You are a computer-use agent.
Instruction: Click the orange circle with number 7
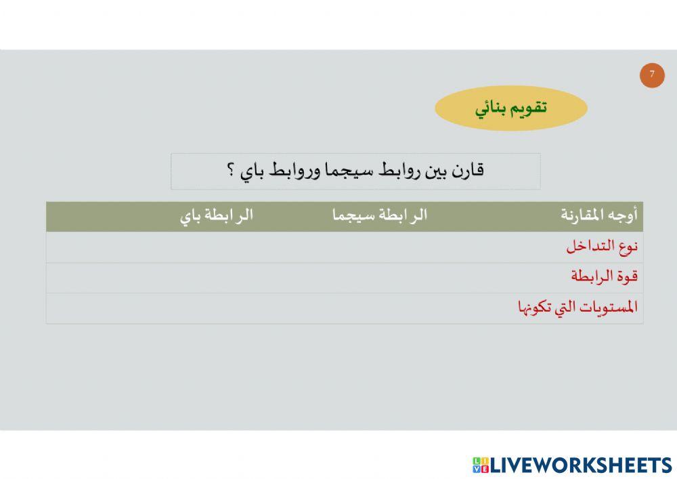[x=652, y=75]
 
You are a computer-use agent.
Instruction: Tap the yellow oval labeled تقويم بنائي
[x=510, y=108]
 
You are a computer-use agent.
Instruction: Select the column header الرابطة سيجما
[x=380, y=216]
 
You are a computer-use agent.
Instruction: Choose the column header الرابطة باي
[x=217, y=216]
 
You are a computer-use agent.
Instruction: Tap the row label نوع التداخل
[x=602, y=247]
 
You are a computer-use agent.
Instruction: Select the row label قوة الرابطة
[x=604, y=277]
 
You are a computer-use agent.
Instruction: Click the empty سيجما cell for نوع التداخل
[x=380, y=247]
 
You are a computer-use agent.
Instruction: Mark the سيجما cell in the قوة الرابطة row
[x=380, y=278]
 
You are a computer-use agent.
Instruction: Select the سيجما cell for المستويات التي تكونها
[x=380, y=308]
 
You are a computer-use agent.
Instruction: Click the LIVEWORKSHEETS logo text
[x=581, y=465]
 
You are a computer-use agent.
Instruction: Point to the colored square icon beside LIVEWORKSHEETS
[x=481, y=465]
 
